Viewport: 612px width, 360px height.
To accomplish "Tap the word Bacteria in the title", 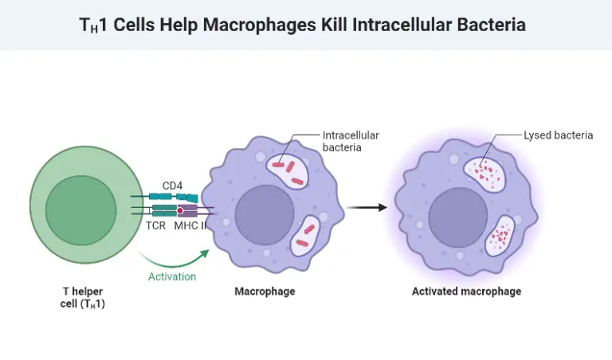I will [492, 25].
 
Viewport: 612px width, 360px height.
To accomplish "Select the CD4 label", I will [173, 186].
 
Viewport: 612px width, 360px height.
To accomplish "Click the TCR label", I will [156, 226].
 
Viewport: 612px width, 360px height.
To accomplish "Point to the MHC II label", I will [190, 226].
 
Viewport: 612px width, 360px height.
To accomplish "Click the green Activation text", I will [172, 276].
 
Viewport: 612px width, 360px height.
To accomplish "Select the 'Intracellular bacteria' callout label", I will [351, 141].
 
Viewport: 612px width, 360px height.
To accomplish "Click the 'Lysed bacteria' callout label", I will [558, 135].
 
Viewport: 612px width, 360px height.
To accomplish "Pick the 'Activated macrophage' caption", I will [466, 292].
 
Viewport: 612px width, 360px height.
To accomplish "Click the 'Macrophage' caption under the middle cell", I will [265, 292].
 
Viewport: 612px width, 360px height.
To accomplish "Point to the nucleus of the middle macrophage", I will [265, 216].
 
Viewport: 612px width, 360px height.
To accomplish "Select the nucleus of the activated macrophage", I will [458, 216].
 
